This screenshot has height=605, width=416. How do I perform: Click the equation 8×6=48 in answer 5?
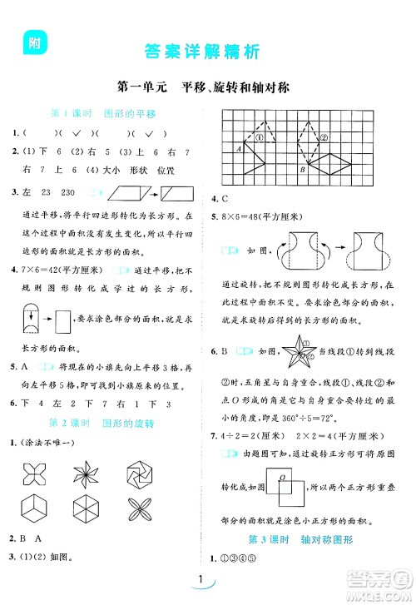(244, 216)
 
